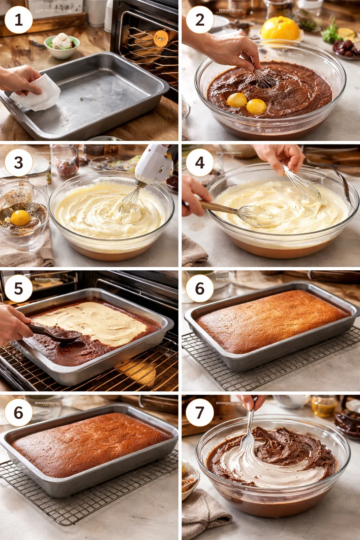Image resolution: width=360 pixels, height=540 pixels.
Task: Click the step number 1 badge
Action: coord(18,19)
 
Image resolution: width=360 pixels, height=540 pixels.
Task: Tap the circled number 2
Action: coord(200,19)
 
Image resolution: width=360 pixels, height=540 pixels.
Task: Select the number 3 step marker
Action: coord(18,163)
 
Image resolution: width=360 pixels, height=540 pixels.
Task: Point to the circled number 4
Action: coord(200,163)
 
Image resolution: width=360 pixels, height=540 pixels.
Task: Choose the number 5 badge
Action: coord(18,289)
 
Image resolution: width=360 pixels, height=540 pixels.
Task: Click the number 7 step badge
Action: coord(200,412)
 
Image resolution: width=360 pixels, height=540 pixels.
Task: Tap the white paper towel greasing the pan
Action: coord(35,93)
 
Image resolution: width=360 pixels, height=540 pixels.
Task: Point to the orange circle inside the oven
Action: coord(160,38)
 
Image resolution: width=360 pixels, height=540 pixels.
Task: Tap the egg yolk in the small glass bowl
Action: coord(20,218)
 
